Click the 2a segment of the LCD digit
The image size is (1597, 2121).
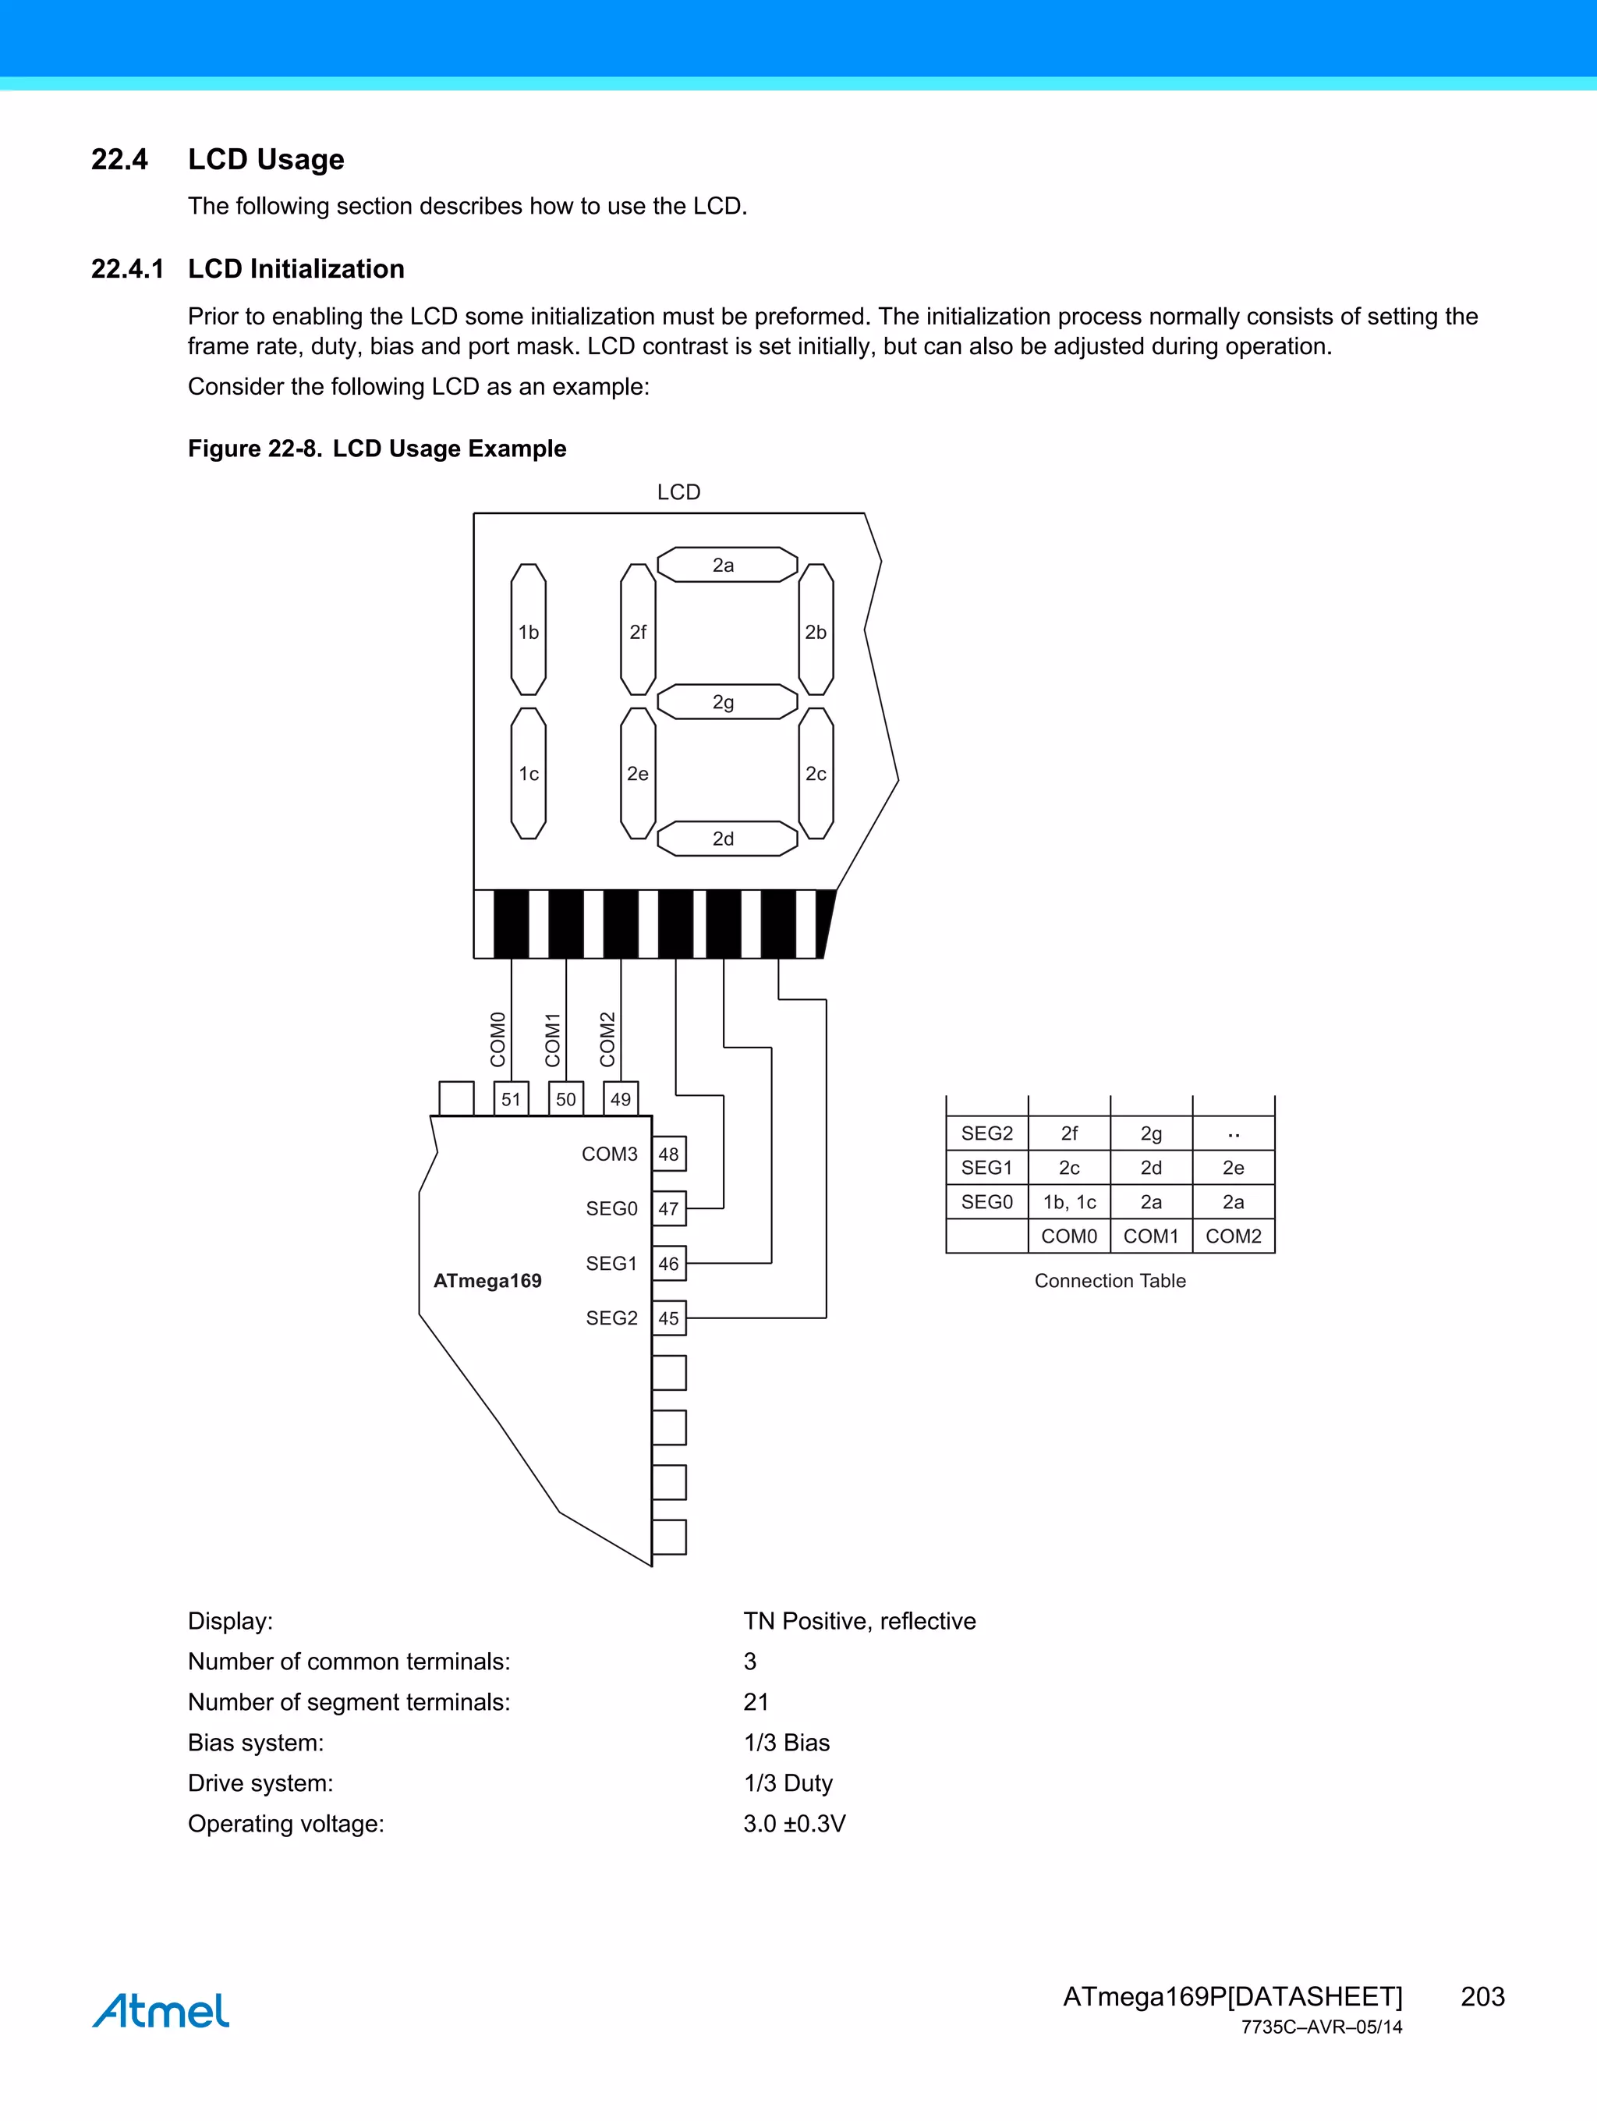click(x=726, y=565)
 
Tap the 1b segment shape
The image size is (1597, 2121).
click(x=528, y=630)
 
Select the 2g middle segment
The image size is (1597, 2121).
click(x=726, y=702)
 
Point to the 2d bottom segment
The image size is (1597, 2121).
click(x=726, y=838)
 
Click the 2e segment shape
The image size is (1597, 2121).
click(x=637, y=773)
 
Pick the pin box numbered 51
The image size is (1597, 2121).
click(x=511, y=1099)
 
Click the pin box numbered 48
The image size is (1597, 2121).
click(x=668, y=1154)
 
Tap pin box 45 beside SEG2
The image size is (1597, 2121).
click(x=668, y=1318)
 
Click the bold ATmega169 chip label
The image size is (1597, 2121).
click(x=487, y=1281)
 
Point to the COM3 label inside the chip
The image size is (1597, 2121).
click(x=609, y=1154)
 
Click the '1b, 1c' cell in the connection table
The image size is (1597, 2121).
click(x=1069, y=1201)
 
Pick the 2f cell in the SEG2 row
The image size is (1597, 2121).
click(x=1069, y=1133)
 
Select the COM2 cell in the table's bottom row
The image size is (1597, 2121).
click(x=1233, y=1236)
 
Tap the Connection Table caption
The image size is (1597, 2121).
click(x=1109, y=1281)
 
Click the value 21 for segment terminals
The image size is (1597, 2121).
click(x=756, y=1702)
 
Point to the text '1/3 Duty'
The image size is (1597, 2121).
click(x=788, y=1782)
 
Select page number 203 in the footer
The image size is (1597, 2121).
click(x=1482, y=1996)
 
